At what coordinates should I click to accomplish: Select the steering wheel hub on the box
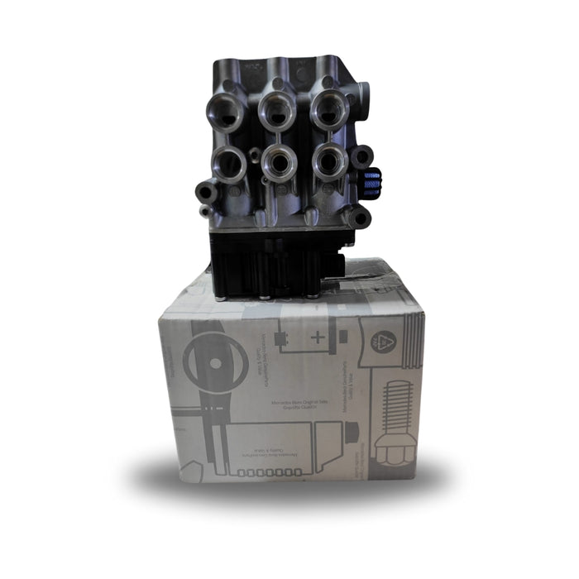point(214,361)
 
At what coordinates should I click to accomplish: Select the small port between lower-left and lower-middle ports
point(253,155)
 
